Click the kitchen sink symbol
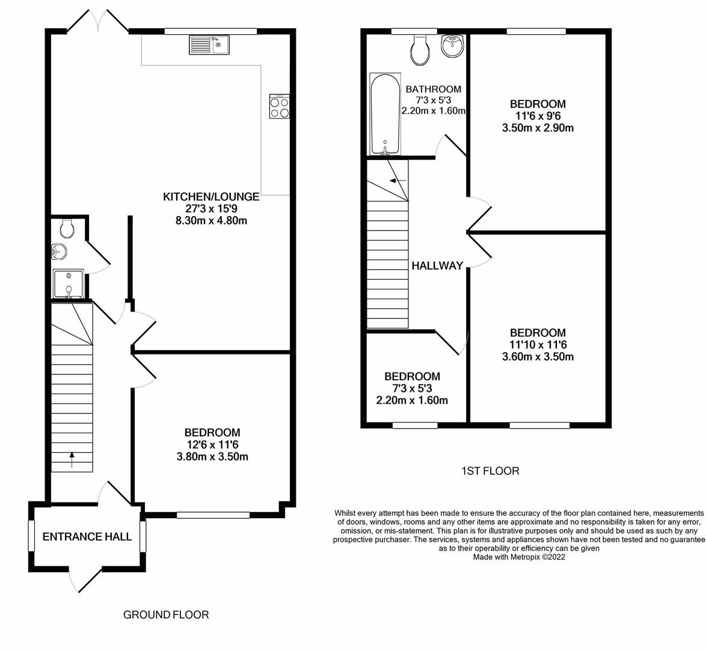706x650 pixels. tap(209, 45)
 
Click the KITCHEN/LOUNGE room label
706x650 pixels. tap(211, 197)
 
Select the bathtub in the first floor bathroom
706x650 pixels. tap(384, 114)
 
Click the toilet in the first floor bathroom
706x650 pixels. tap(420, 51)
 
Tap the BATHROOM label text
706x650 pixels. tap(433, 90)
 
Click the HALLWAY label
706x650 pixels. tap(437, 265)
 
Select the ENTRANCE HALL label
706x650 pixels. tap(87, 537)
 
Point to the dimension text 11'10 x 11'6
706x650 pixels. tap(538, 345)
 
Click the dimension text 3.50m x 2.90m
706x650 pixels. tap(538, 128)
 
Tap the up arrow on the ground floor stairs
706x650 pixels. tap(72, 460)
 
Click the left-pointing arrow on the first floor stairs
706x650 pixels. tap(398, 180)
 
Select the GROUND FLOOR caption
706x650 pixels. tap(166, 615)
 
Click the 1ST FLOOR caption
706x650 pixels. tap(490, 471)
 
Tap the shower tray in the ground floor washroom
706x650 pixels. tap(68, 284)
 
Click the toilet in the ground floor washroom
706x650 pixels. tap(67, 227)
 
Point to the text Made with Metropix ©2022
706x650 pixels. tap(519, 557)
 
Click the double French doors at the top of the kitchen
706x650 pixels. tap(97, 20)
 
